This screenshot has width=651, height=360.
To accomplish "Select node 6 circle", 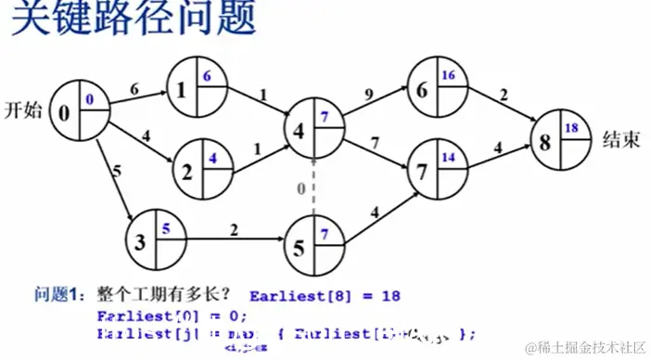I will tap(435, 85).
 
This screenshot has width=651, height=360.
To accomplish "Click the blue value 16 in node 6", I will tap(448, 74).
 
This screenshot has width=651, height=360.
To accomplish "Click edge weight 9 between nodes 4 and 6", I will tap(371, 94).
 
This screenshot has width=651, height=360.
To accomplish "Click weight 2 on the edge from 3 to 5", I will tap(234, 227).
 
